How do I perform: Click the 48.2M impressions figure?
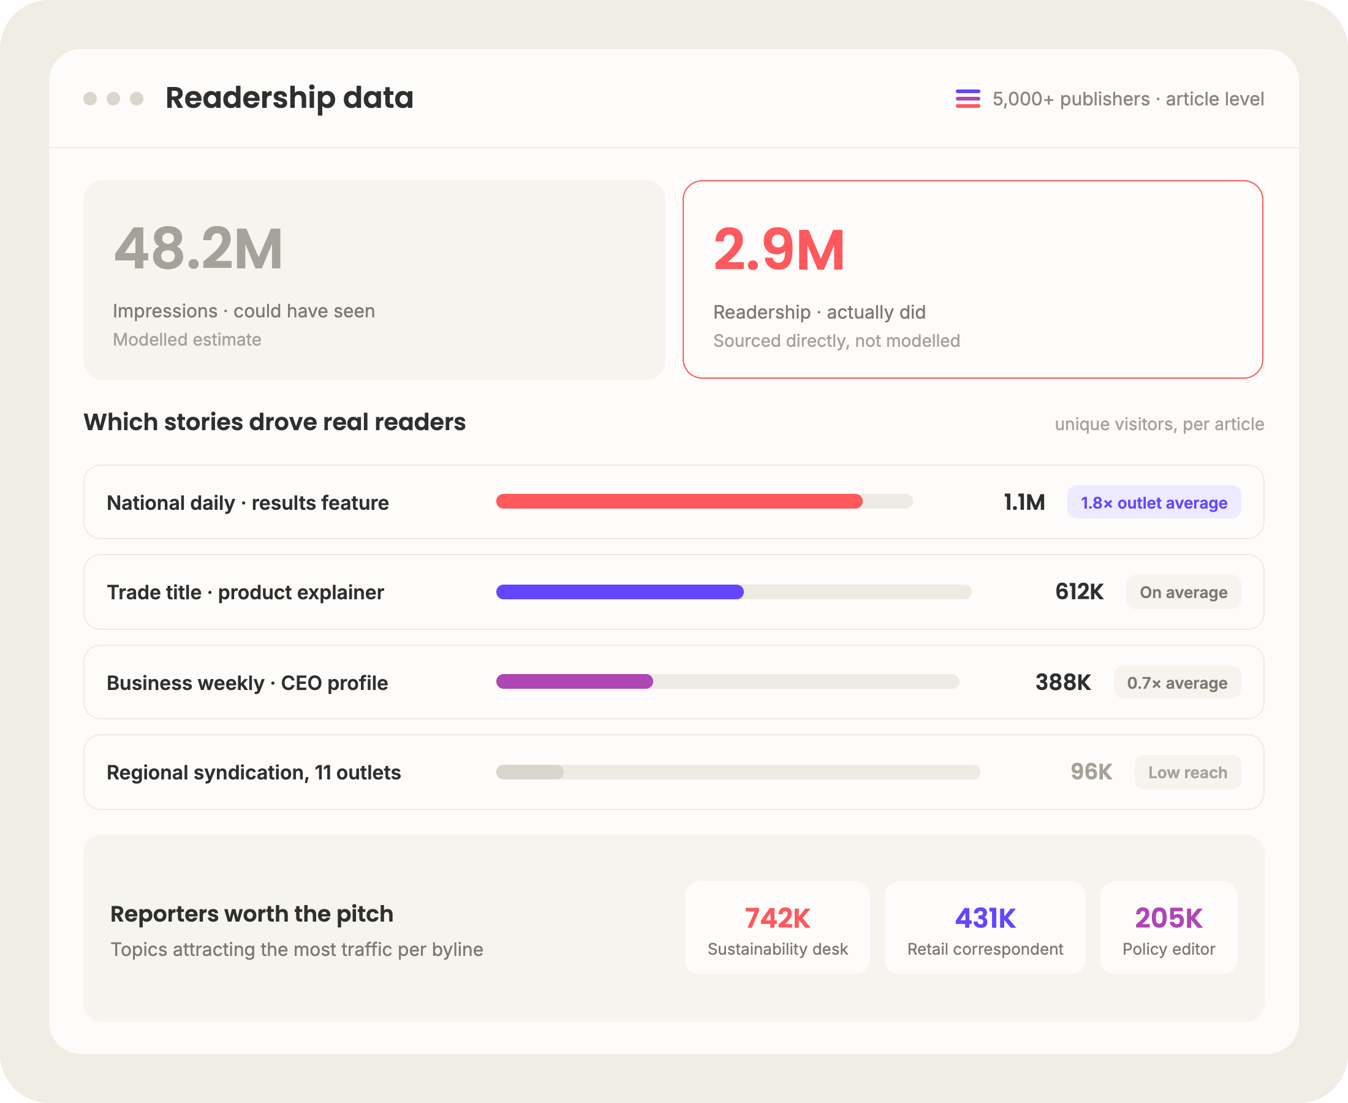point(198,249)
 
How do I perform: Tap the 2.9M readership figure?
point(779,251)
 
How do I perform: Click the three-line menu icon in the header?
point(967,99)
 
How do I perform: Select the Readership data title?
point(289,98)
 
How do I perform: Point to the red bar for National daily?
point(679,501)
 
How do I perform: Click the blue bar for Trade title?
point(619,591)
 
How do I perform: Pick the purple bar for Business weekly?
point(574,681)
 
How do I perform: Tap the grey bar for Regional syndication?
point(530,771)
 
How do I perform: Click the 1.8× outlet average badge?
point(1154,502)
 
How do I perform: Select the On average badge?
point(1183,591)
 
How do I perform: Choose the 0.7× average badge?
point(1176,682)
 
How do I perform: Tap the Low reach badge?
point(1187,772)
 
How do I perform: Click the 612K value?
point(1079,591)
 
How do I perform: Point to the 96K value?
point(1091,771)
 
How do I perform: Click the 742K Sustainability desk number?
point(778,918)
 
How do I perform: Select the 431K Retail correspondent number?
point(985,918)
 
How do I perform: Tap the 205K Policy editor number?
point(1169,918)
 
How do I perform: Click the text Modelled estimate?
point(187,339)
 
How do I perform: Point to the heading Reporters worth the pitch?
point(252,914)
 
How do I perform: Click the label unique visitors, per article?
point(1159,424)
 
